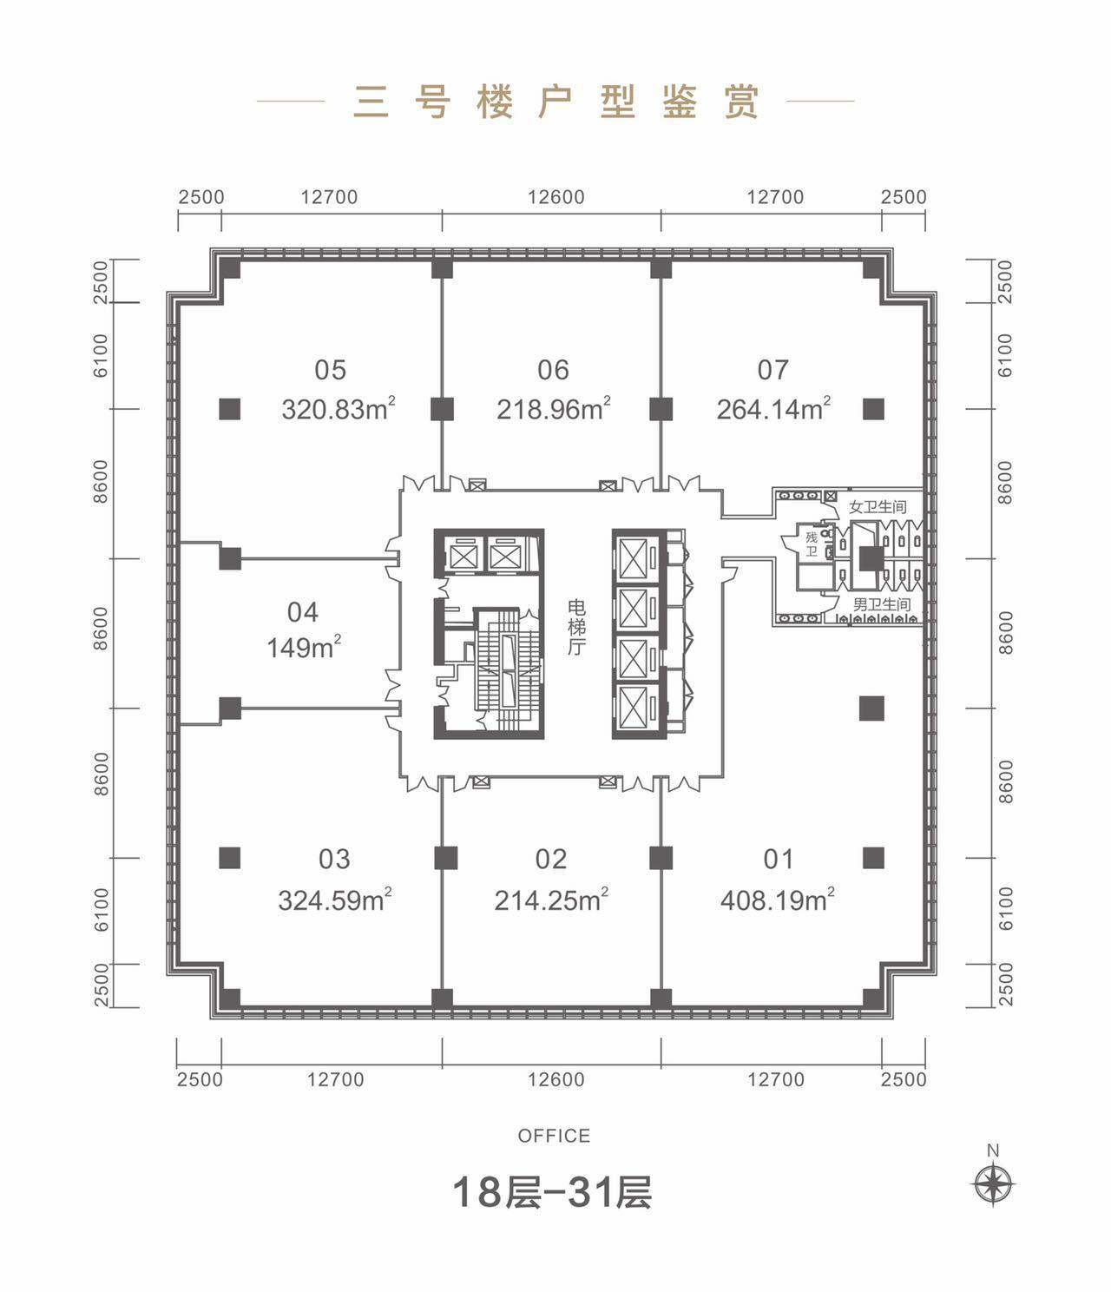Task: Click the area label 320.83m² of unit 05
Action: [339, 408]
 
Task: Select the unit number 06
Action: [553, 370]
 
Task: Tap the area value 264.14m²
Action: [773, 408]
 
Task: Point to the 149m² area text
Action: [303, 647]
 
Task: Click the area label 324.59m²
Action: [335, 900]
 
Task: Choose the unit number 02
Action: [551, 859]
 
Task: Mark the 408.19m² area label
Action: [778, 900]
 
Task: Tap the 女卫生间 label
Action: [878, 507]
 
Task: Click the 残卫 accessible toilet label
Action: [811, 544]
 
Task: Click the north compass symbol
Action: [994, 1183]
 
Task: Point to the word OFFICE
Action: [554, 1136]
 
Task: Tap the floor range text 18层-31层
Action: [552, 1192]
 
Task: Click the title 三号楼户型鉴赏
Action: [555, 102]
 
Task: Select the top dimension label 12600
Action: [555, 197]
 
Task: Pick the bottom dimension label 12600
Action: [555, 1079]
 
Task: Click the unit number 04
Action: [303, 612]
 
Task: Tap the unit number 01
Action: [779, 859]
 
